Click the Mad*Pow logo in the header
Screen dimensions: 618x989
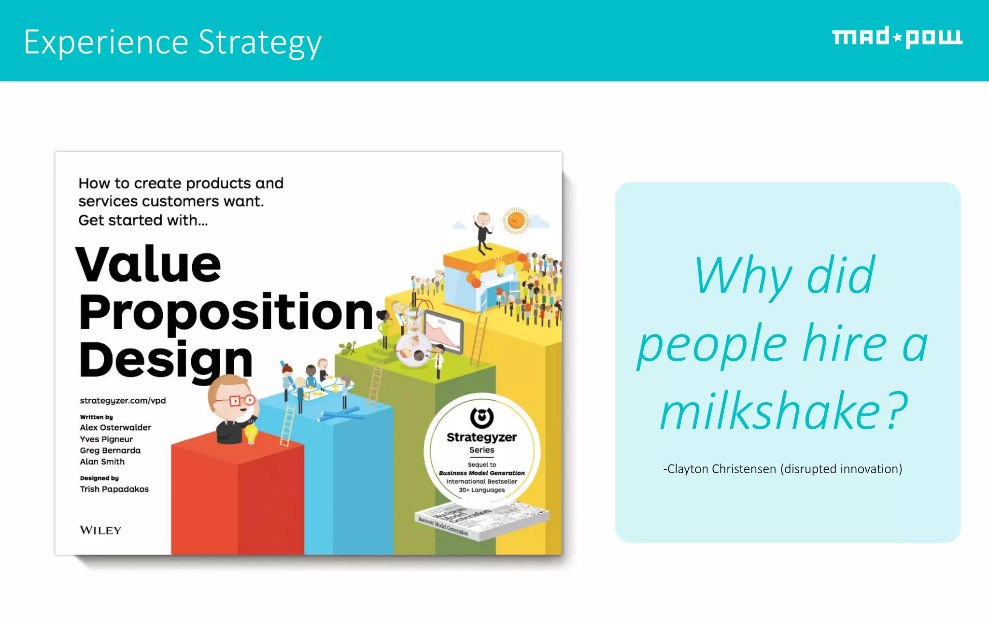(x=897, y=37)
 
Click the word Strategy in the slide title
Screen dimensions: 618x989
(x=260, y=42)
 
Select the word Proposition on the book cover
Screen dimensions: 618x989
(x=226, y=312)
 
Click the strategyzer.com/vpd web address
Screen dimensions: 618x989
(x=123, y=401)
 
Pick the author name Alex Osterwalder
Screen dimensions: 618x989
(x=115, y=427)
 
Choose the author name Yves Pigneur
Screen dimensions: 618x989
(x=106, y=439)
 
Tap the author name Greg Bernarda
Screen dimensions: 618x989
(x=110, y=450)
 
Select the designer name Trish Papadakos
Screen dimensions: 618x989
(x=114, y=489)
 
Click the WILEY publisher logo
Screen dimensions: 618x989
(x=100, y=530)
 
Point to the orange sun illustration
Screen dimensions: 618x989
(x=516, y=221)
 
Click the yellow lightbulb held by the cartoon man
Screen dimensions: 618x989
(x=251, y=433)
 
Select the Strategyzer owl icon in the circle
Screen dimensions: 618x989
(x=481, y=418)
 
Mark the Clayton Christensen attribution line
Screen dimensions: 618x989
(x=782, y=469)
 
